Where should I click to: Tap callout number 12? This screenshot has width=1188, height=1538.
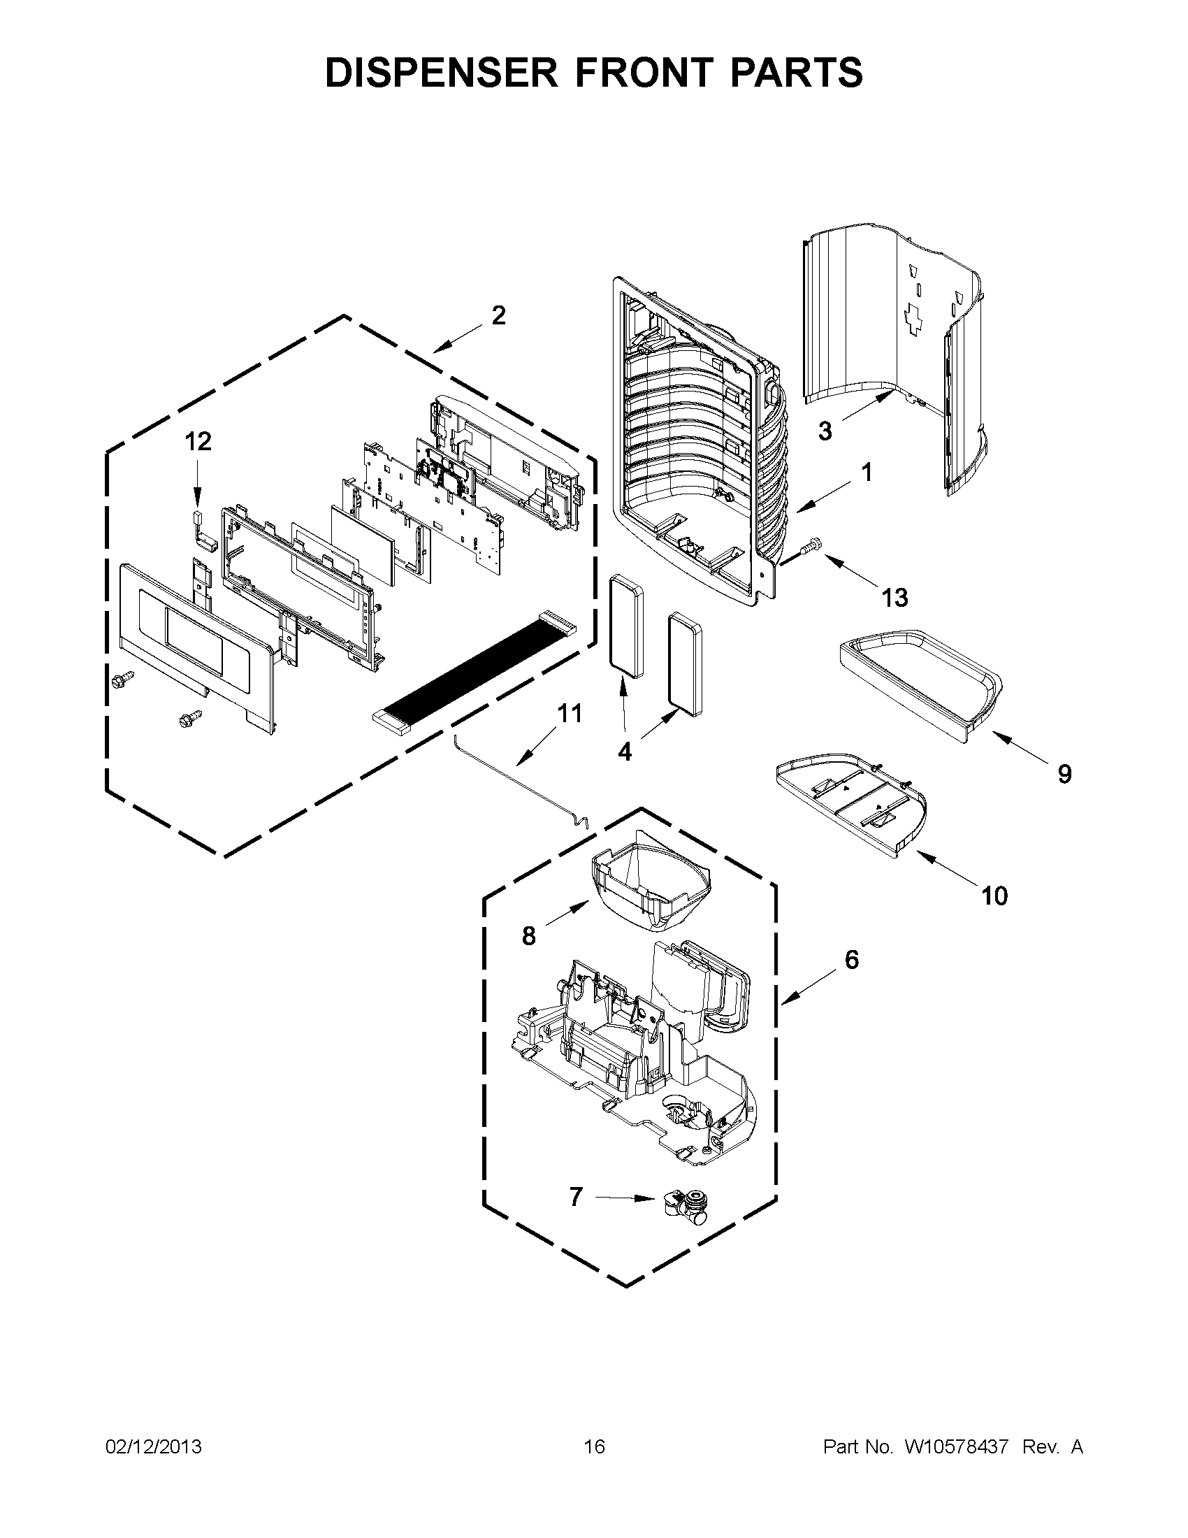198,442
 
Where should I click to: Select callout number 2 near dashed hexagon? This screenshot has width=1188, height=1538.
498,316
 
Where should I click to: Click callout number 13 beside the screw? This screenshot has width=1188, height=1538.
894,598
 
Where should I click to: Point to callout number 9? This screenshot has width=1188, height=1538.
1064,775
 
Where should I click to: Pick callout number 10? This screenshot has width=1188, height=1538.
994,896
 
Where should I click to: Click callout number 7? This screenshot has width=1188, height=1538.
576,1196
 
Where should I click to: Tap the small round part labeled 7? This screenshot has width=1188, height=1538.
685,1206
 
